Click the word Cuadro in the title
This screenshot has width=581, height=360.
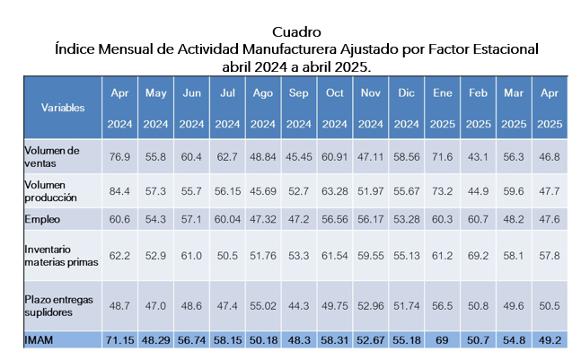295,31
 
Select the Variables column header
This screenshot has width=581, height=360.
63,108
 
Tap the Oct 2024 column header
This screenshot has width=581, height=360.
335,108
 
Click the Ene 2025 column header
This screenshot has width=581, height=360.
441,108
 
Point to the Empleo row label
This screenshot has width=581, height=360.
40,218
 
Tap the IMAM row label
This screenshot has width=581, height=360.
40,339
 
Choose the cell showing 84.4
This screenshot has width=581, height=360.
119,190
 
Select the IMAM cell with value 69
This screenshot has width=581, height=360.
441,339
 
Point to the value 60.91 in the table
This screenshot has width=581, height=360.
335,156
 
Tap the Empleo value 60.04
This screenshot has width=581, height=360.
227,218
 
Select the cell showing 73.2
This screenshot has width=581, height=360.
441,190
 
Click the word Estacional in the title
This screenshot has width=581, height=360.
499,48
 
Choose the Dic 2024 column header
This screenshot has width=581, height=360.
405,108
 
